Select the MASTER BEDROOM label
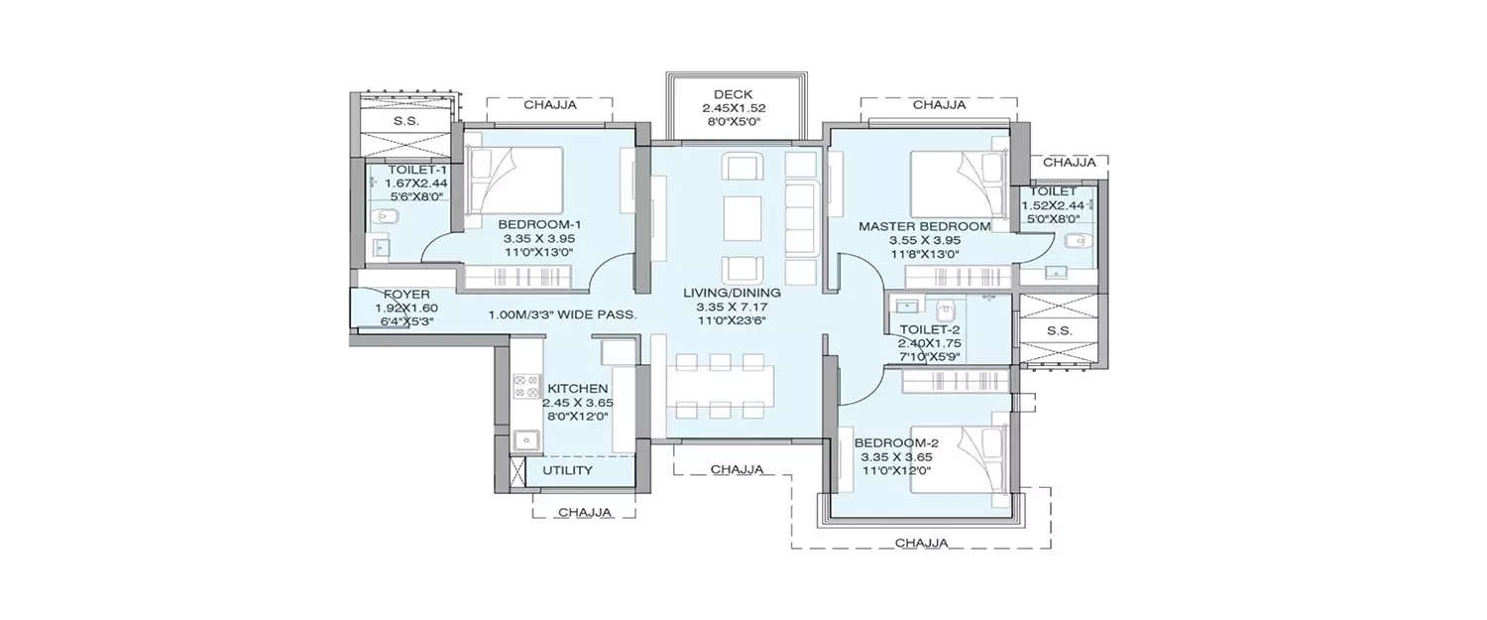[x=924, y=226]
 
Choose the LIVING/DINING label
[x=732, y=293]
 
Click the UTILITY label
[x=568, y=469]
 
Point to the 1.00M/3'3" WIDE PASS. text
[x=562, y=315]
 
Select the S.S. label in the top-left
[x=404, y=120]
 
